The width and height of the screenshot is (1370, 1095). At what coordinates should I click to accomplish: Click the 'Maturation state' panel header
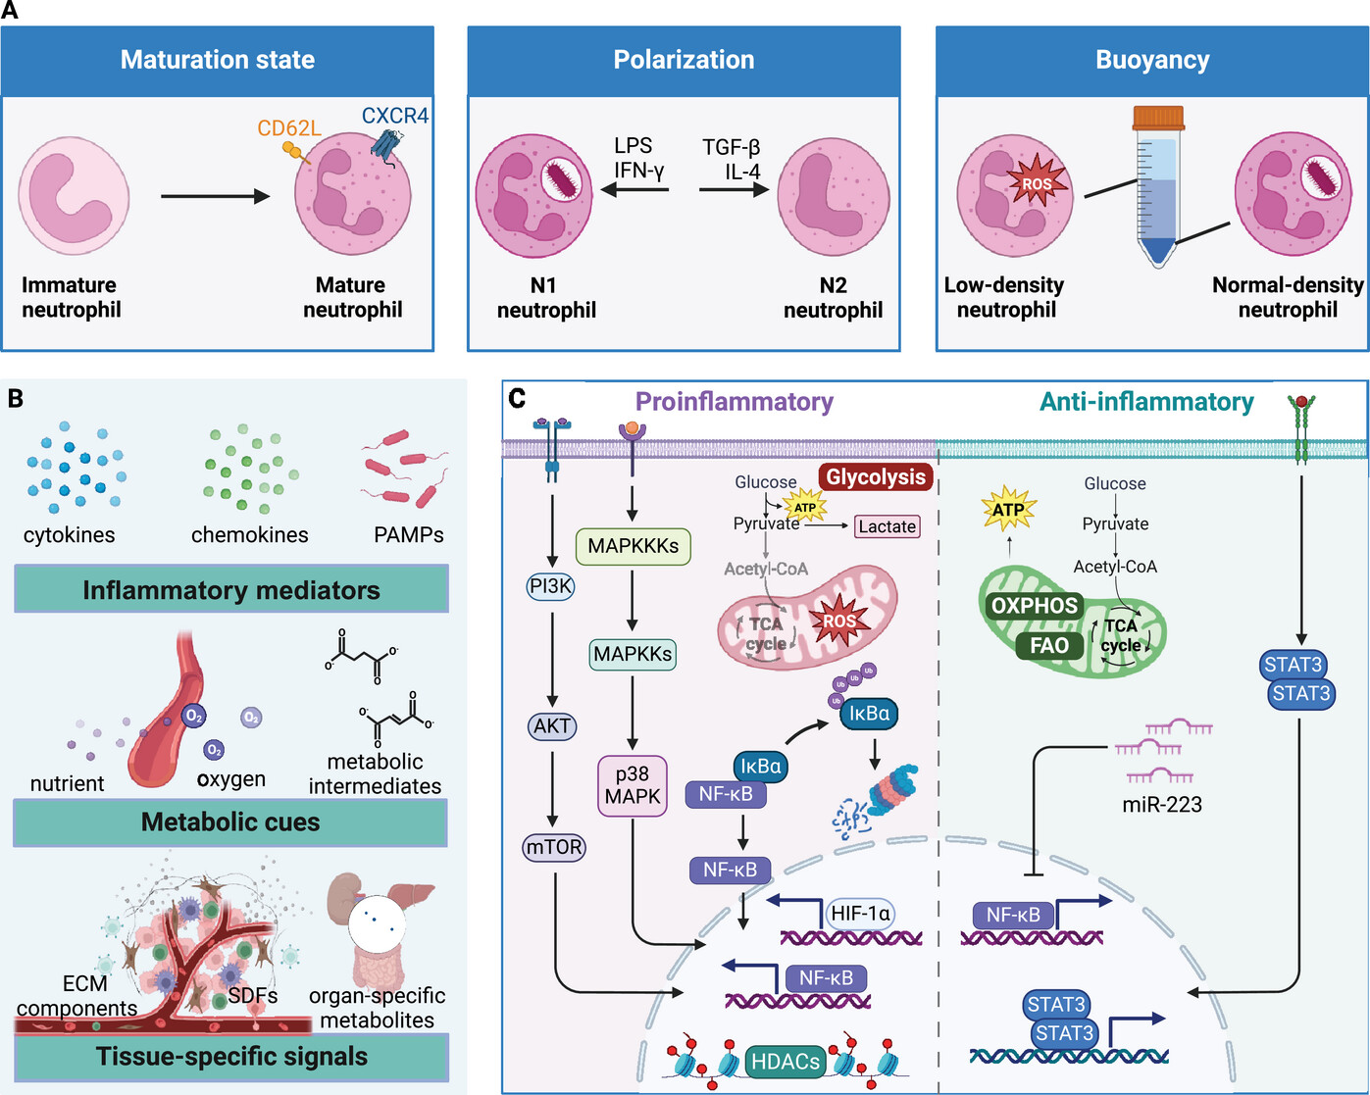pos(217,61)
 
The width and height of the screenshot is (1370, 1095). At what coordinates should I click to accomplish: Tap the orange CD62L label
pos(289,128)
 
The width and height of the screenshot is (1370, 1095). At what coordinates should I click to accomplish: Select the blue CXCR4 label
pos(394,116)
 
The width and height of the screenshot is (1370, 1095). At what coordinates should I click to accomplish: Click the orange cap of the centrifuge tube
pos(1158,118)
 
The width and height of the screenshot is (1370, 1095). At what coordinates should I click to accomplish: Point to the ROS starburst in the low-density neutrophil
pos(1037,183)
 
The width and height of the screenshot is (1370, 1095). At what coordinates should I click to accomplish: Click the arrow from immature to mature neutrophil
pos(215,196)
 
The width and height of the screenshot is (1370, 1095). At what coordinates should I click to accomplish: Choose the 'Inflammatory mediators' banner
pos(231,589)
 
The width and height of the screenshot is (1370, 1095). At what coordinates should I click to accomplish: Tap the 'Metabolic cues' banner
pos(230,821)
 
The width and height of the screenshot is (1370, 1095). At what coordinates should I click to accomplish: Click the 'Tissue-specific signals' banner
pos(231,1056)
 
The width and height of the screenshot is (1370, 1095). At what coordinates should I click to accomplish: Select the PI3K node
pos(551,585)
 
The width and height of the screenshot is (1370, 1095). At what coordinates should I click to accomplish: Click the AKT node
pos(552,725)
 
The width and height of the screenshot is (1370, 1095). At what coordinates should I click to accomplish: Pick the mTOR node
pos(553,847)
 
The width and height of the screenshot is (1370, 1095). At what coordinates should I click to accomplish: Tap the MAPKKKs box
pos(633,546)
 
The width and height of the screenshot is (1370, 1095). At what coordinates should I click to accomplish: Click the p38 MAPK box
pos(633,785)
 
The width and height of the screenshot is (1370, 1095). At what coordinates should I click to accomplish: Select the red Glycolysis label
pos(876,476)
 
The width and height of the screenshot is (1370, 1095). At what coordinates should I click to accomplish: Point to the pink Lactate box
pos(887,526)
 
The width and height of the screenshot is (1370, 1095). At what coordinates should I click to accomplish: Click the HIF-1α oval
pos(860,914)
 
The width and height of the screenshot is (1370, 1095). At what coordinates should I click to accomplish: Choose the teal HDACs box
pos(785,1062)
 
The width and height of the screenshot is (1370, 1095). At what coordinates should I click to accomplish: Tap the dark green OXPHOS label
pos(1034,606)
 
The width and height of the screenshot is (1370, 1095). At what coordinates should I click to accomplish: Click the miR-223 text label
pos(1162,805)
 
